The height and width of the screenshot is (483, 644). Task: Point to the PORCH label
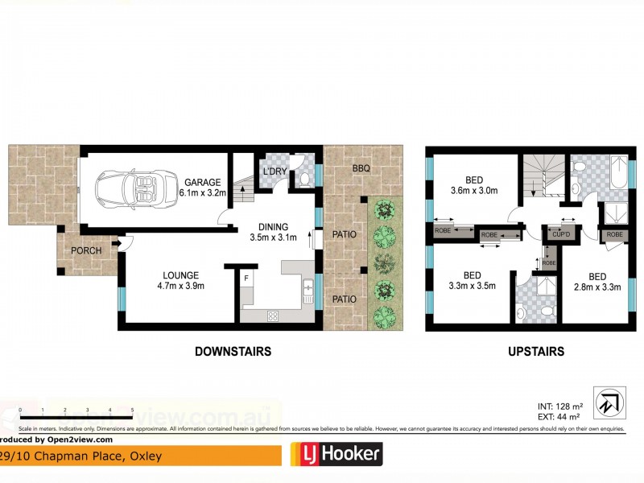(86, 250)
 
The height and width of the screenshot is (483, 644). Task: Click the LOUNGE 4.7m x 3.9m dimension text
(180, 285)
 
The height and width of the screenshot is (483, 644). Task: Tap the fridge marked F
(247, 279)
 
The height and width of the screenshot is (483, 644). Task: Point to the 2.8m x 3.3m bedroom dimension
(597, 286)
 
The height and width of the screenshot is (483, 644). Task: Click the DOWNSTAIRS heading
(232, 352)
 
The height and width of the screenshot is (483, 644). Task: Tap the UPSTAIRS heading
(535, 352)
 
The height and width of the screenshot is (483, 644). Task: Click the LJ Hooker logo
(336, 455)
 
